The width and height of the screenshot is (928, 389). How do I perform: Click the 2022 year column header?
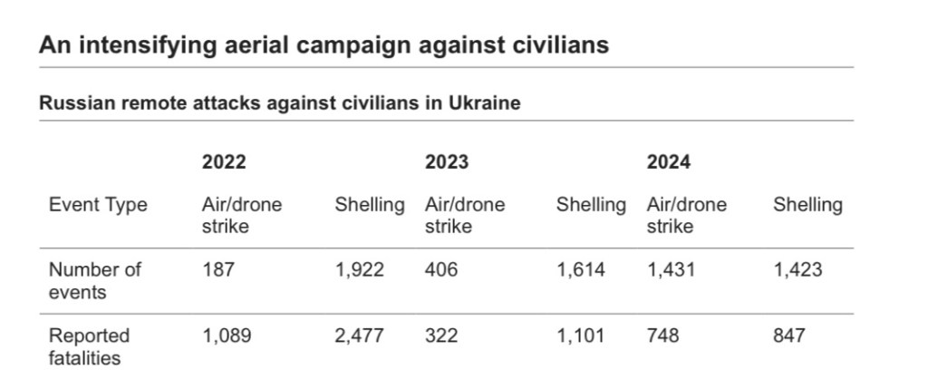223,162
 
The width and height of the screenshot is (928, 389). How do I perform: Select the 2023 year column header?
447,162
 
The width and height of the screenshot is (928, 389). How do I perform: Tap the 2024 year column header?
668,162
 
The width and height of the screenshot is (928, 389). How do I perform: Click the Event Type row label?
98,205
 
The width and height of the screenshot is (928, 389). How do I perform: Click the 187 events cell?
217,269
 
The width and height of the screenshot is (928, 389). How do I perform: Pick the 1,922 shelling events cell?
359,269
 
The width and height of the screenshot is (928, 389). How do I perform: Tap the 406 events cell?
441,269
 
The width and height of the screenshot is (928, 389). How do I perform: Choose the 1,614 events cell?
580,269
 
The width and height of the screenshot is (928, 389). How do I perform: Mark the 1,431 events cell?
671,269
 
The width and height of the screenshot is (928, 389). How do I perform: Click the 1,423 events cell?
797,269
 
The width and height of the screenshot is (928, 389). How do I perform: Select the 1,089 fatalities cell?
226,336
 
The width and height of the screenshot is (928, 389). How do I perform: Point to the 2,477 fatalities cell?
359,336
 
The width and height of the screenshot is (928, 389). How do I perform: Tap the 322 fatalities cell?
441,336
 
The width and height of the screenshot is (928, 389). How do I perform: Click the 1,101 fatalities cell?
580,336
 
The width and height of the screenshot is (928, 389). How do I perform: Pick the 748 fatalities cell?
662,336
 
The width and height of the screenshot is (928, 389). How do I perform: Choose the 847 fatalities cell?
788,336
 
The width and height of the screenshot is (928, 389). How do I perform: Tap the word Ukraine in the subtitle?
484,102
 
